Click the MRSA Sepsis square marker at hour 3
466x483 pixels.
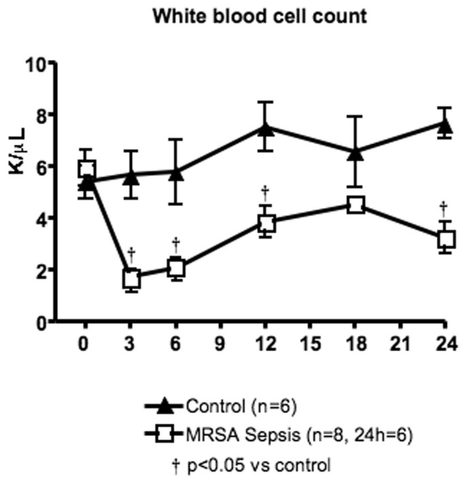click(131, 278)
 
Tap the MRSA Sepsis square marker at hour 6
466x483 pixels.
click(176, 268)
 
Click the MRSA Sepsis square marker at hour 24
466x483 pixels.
click(446, 239)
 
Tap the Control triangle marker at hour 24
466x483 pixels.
click(446, 125)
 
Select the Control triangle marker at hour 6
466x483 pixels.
click(176, 173)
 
